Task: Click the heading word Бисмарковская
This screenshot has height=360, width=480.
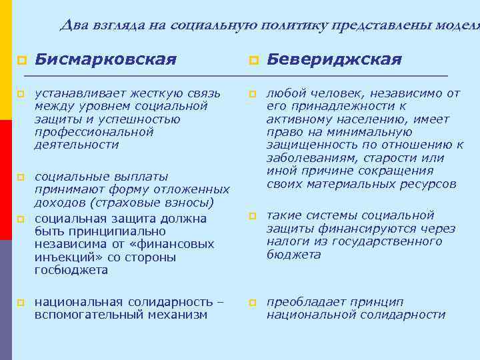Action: pos(105,60)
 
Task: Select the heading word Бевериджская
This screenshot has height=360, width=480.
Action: pos(334,60)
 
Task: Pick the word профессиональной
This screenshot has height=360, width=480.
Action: pos(94,132)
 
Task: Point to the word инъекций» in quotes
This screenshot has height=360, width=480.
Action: pos(62,257)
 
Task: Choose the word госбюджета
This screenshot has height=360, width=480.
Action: pos(71,271)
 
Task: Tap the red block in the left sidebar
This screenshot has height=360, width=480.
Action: pos(6,179)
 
